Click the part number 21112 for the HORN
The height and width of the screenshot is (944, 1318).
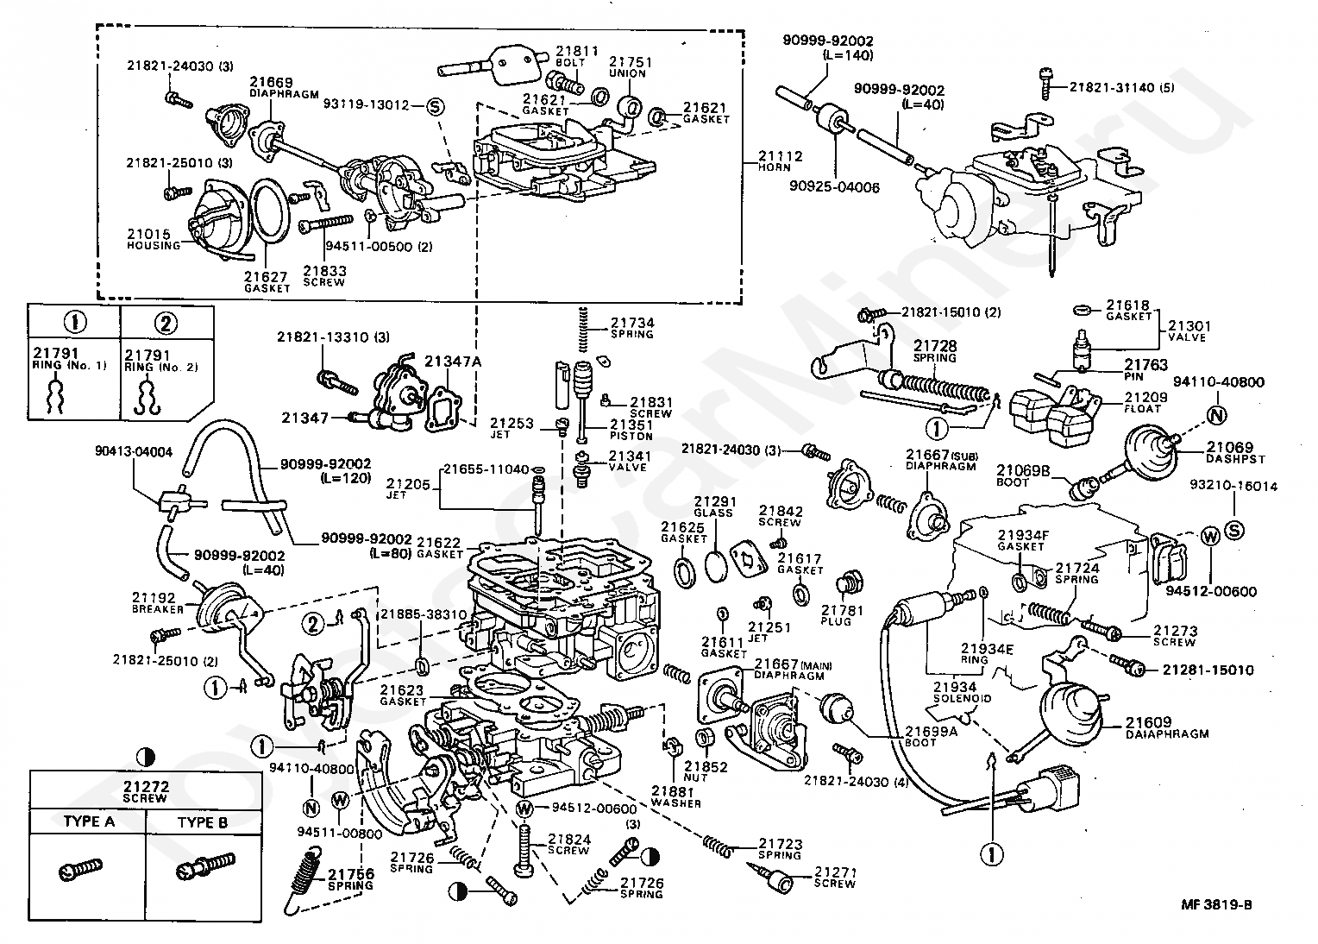pyautogui.click(x=780, y=156)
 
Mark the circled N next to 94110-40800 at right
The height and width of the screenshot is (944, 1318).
pyautogui.click(x=1216, y=415)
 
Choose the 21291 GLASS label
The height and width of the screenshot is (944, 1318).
pyautogui.click(x=712, y=506)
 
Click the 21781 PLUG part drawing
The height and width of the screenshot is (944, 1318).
pyautogui.click(x=850, y=582)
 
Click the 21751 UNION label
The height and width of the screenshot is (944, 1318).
pyautogui.click(x=631, y=67)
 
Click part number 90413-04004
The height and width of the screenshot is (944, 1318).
pyautogui.click(x=133, y=451)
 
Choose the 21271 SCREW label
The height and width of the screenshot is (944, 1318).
pyautogui.click(x=835, y=878)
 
